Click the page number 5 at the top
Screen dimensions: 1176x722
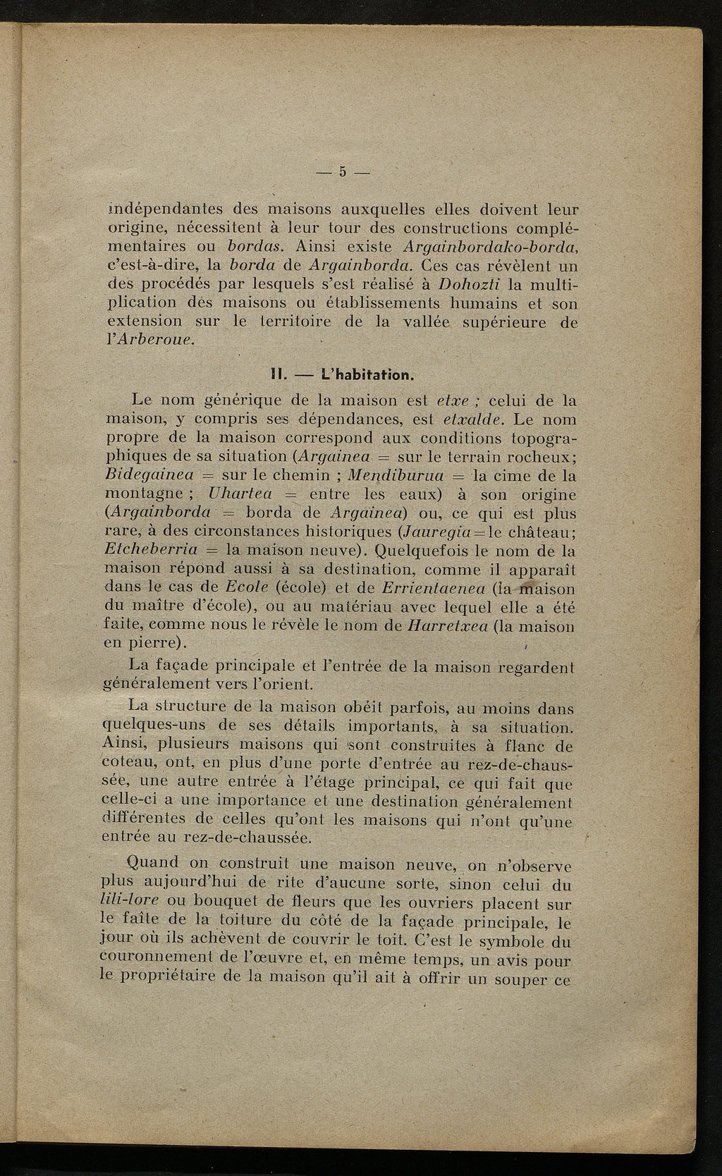click(x=343, y=172)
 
